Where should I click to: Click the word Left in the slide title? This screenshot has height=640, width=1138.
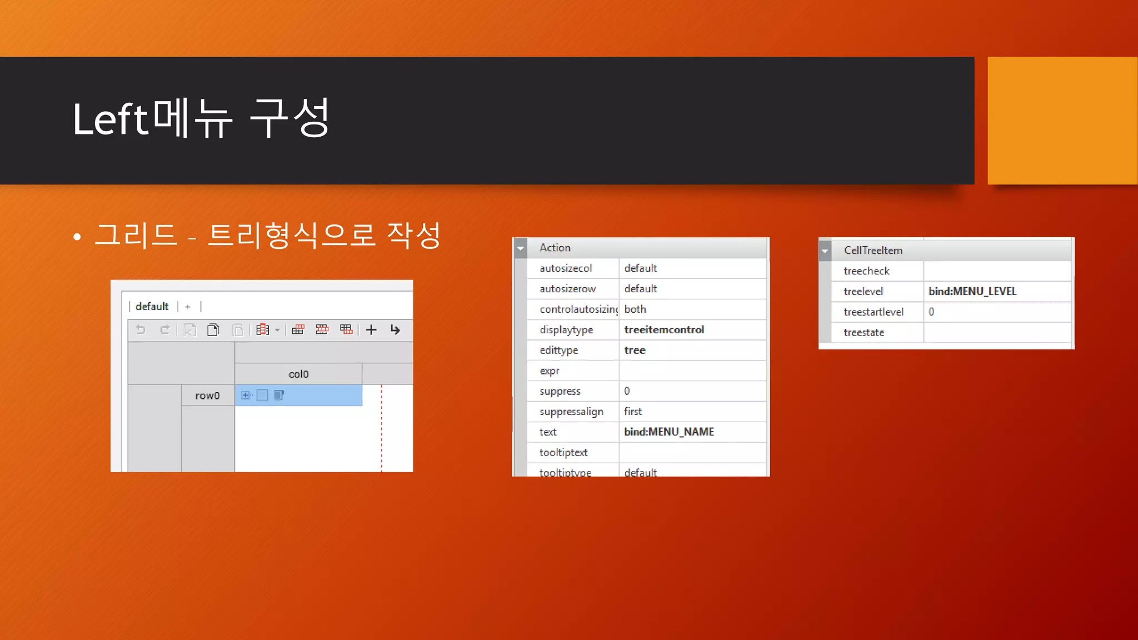[x=110, y=119]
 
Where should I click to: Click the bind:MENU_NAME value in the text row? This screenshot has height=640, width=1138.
[x=668, y=432]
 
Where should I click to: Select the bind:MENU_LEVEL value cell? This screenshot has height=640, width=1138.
[x=972, y=291]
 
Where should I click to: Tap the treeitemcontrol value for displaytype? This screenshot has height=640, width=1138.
[x=663, y=329]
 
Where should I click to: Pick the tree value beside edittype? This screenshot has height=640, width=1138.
[x=635, y=350]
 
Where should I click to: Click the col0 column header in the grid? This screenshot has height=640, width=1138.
[x=298, y=374]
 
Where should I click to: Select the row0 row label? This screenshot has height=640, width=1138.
[x=207, y=396]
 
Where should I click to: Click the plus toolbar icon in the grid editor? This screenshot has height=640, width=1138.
[x=371, y=330]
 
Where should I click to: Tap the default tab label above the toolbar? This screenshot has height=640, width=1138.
[x=152, y=306]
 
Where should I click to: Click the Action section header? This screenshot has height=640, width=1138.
[x=555, y=248]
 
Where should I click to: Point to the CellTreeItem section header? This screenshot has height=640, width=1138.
[x=872, y=251]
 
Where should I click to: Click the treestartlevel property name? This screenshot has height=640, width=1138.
[x=873, y=312]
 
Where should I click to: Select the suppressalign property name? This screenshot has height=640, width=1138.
[x=571, y=412]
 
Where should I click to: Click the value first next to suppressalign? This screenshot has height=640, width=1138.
[x=632, y=412]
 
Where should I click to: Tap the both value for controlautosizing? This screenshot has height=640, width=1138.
[x=635, y=309]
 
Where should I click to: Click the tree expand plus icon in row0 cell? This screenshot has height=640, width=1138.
[x=245, y=395]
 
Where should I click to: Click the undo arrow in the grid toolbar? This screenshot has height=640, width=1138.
[x=141, y=330]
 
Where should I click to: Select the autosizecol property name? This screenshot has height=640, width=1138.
[x=565, y=268]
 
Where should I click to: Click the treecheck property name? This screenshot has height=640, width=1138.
[x=866, y=271]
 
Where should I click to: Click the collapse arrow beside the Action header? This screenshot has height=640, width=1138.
[x=520, y=248]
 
